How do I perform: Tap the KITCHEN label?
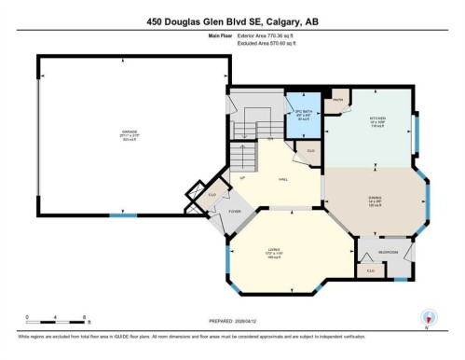(x=377, y=118)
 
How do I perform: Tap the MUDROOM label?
(x=386, y=252)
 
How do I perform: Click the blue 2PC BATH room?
(x=302, y=115)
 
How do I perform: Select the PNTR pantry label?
(x=339, y=100)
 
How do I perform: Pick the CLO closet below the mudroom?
(x=371, y=270)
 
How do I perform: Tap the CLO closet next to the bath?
(x=310, y=150)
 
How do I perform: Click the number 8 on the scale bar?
(x=87, y=316)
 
